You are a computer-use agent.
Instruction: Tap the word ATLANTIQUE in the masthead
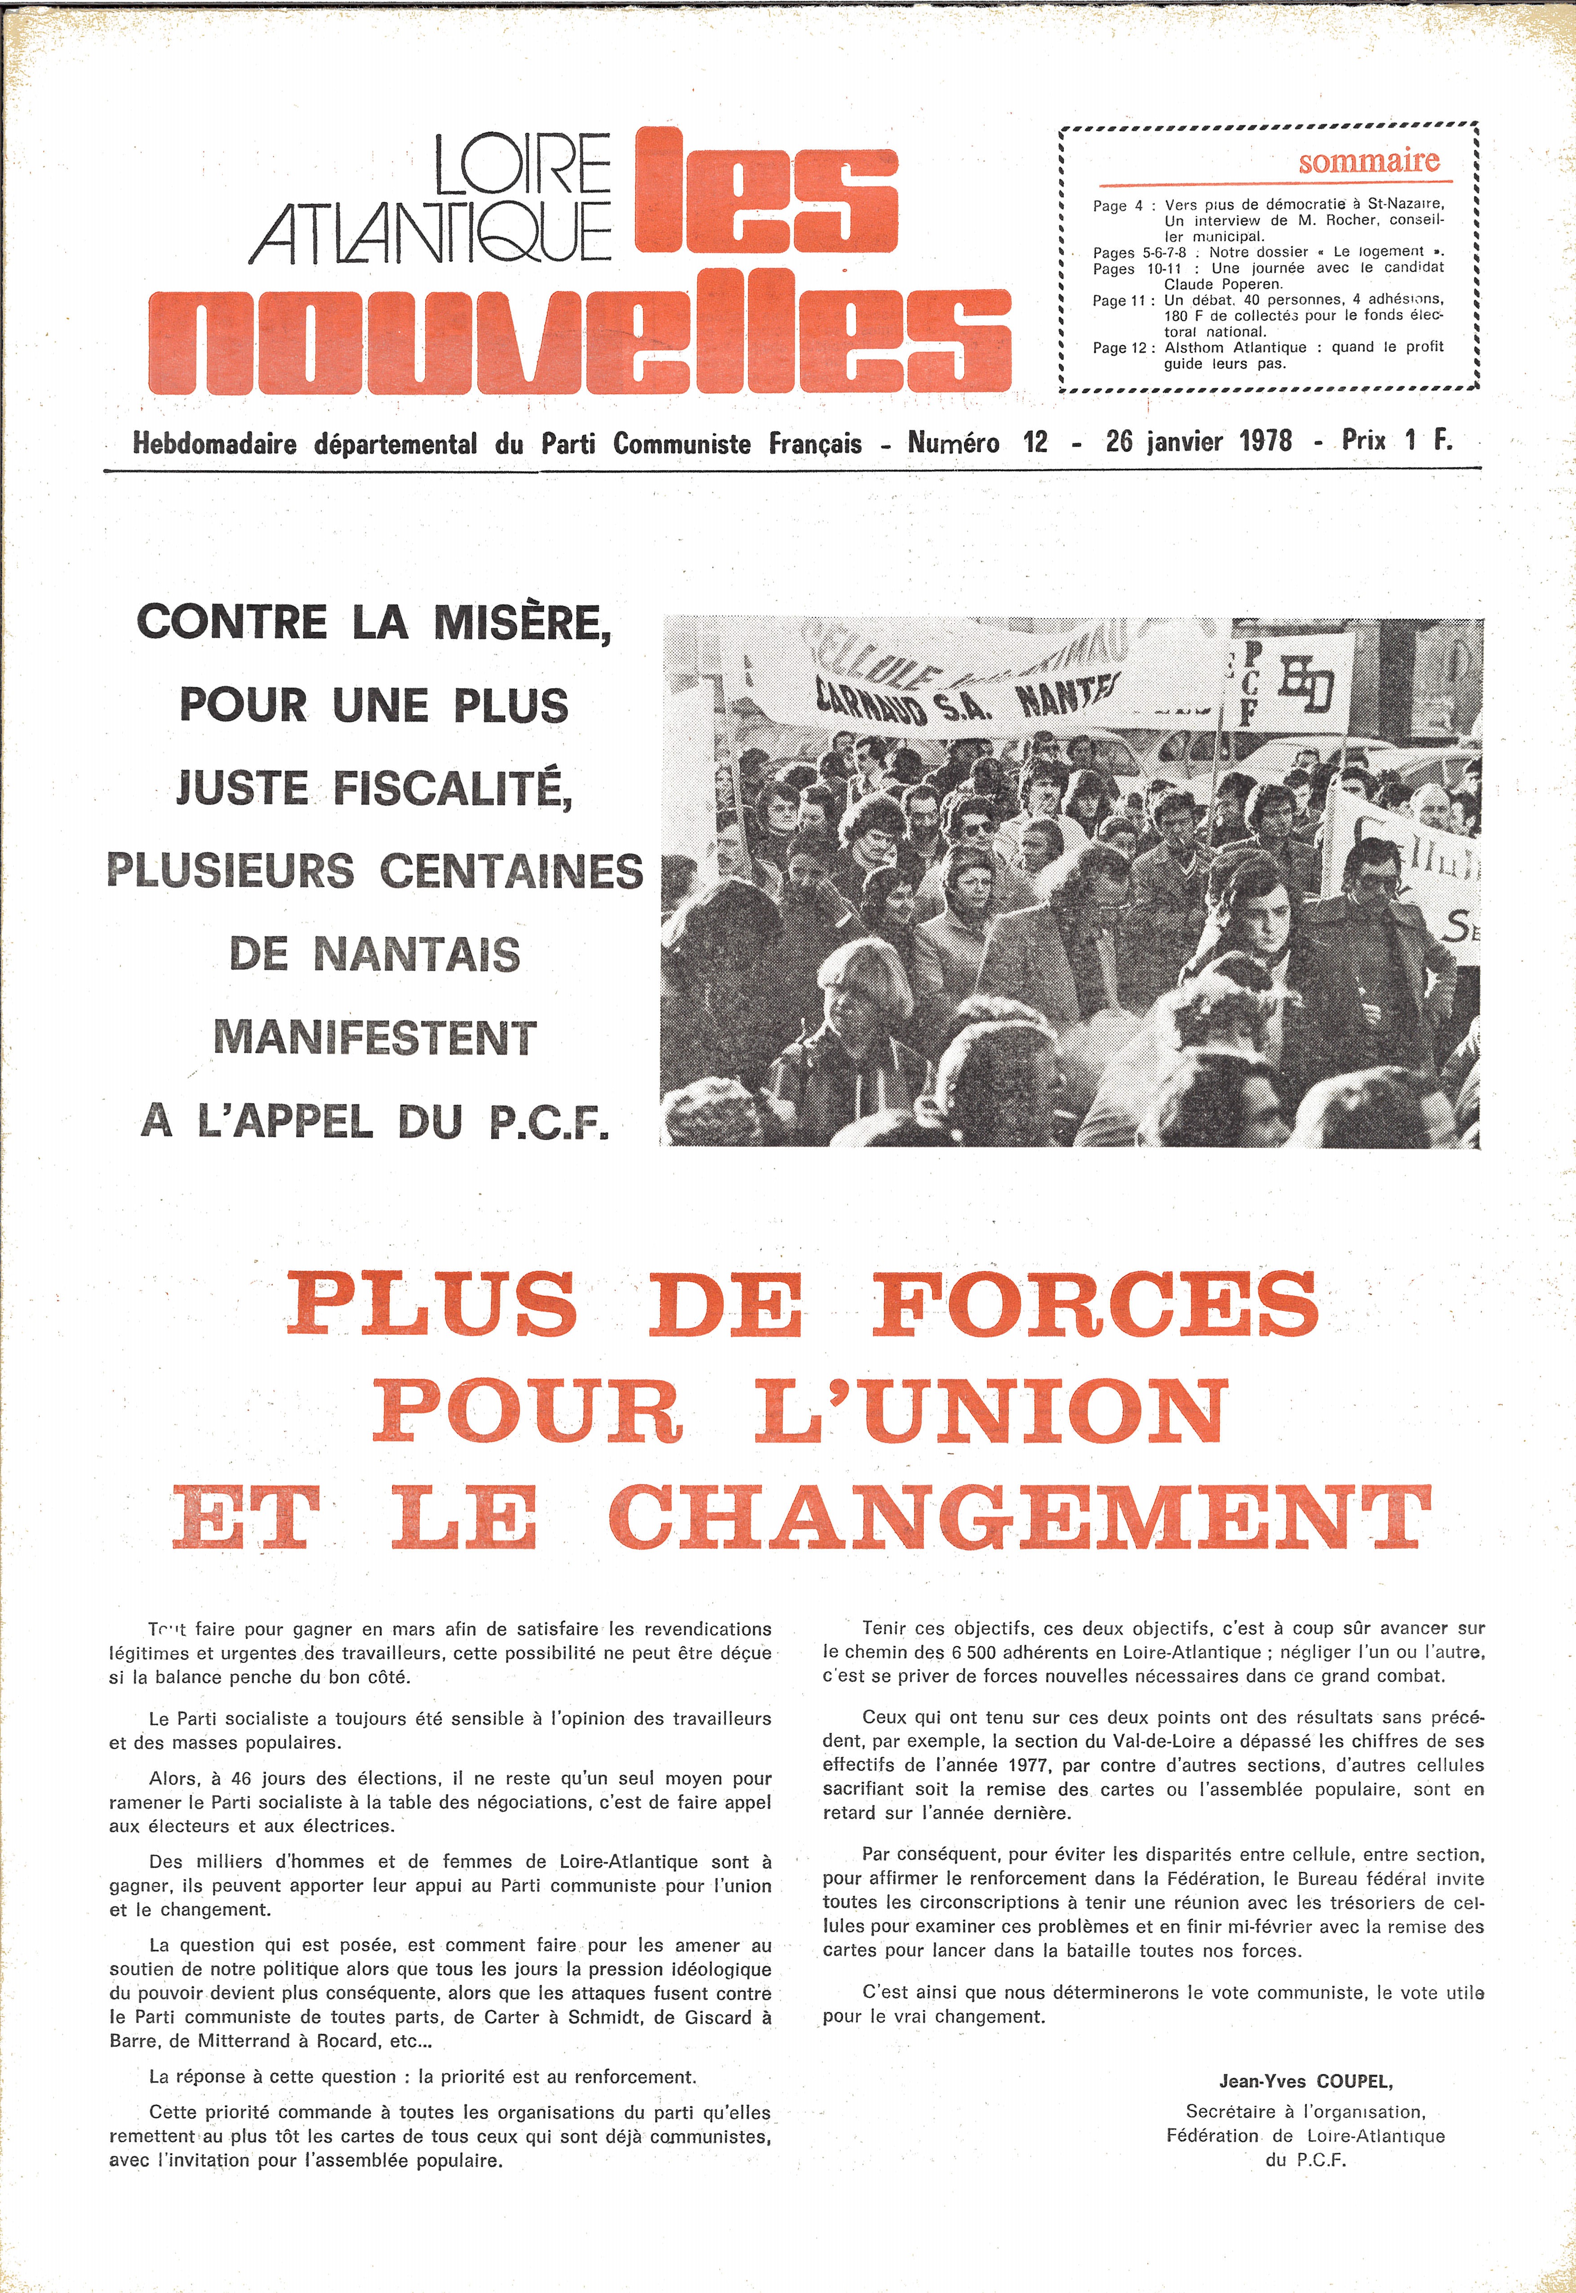(431, 233)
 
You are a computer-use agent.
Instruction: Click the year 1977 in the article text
(1027, 1764)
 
